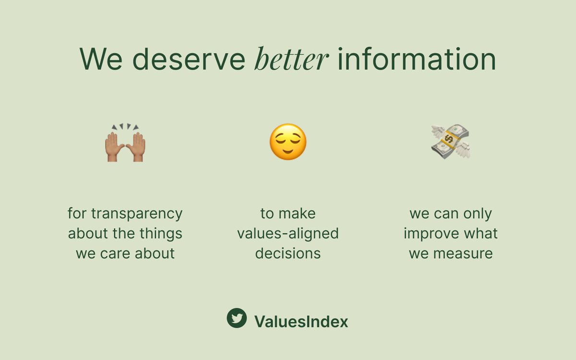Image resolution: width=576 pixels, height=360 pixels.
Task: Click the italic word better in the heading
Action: pos(291,60)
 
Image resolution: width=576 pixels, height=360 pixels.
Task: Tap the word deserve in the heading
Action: pos(189,60)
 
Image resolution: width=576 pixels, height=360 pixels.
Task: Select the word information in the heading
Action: pos(416,60)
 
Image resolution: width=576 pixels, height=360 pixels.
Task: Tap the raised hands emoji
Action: pos(125,143)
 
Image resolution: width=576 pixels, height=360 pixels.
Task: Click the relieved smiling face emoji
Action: pos(288,142)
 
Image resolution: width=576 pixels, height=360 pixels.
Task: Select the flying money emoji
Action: pos(450,142)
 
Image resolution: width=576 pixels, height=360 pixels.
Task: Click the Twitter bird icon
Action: pos(237,318)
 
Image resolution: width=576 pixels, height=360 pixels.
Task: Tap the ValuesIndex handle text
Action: pos(301,322)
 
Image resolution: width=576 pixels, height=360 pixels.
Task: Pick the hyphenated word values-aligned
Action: pos(288,233)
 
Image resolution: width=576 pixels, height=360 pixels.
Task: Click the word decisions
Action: pos(288,253)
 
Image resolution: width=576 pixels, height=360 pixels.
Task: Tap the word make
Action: pos(301,213)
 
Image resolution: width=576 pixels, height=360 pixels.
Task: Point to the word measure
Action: pos(464,253)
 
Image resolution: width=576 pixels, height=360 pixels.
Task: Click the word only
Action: pos(475,213)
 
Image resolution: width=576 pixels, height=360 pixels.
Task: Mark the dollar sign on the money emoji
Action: pos(449,140)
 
